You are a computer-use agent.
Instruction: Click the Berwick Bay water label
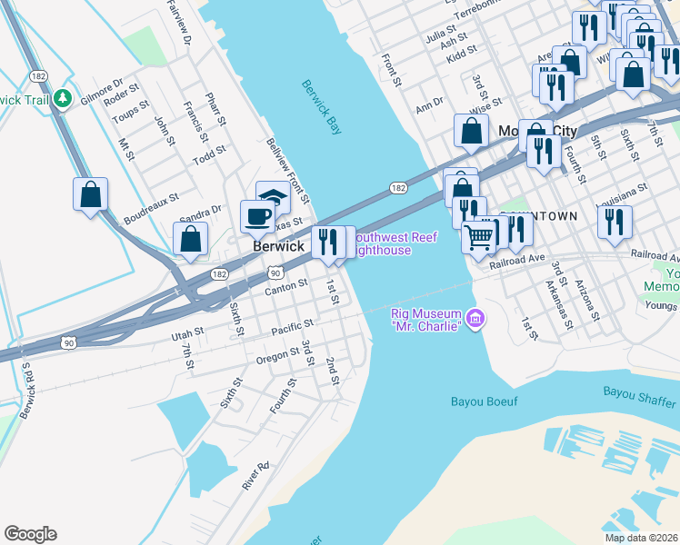pyautogui.click(x=323, y=108)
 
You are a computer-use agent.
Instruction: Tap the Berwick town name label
pyautogui.click(x=278, y=247)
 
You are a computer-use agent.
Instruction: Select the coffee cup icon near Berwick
pyautogui.click(x=256, y=217)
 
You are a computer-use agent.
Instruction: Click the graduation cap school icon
pyautogui.click(x=273, y=197)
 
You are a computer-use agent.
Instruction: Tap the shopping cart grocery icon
pyautogui.click(x=478, y=238)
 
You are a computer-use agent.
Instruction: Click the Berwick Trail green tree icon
pyautogui.click(x=63, y=97)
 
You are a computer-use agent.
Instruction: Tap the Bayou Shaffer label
pyautogui.click(x=640, y=392)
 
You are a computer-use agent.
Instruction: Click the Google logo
pyautogui.click(x=30, y=534)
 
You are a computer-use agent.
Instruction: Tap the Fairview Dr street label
pyautogui.click(x=179, y=22)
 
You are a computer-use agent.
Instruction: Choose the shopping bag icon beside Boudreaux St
pyautogui.click(x=90, y=194)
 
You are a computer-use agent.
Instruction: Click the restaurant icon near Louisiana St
pyautogui.click(x=615, y=222)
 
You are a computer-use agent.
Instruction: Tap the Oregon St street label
pyautogui.click(x=277, y=355)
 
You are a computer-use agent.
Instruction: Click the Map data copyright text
pyautogui.click(x=641, y=538)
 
